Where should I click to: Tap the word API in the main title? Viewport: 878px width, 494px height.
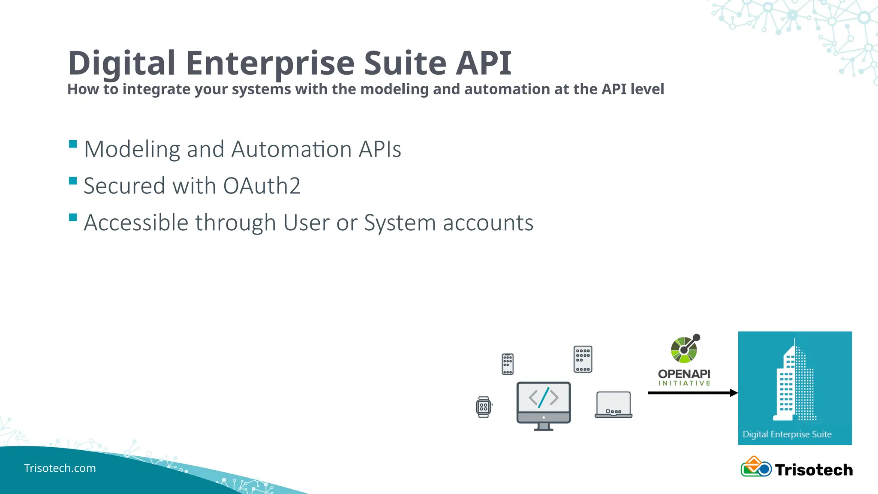483,63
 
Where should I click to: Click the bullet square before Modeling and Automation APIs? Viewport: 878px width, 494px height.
73,144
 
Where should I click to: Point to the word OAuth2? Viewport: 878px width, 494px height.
262,186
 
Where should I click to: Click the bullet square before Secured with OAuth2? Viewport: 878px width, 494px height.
73,181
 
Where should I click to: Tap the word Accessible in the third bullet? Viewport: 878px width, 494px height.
136,223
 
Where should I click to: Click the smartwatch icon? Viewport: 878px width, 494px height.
484,407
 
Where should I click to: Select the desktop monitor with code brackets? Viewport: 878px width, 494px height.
543,405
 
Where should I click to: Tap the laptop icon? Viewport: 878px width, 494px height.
613,404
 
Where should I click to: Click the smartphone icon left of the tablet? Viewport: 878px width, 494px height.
508,364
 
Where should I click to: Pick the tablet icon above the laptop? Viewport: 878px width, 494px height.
583,359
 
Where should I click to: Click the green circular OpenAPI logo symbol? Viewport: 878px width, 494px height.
684,349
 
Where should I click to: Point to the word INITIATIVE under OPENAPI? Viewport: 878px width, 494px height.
684,383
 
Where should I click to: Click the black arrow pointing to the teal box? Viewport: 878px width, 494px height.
692,393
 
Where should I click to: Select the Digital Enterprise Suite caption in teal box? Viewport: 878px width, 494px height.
787,434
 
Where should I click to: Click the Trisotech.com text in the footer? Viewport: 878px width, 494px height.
60,468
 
